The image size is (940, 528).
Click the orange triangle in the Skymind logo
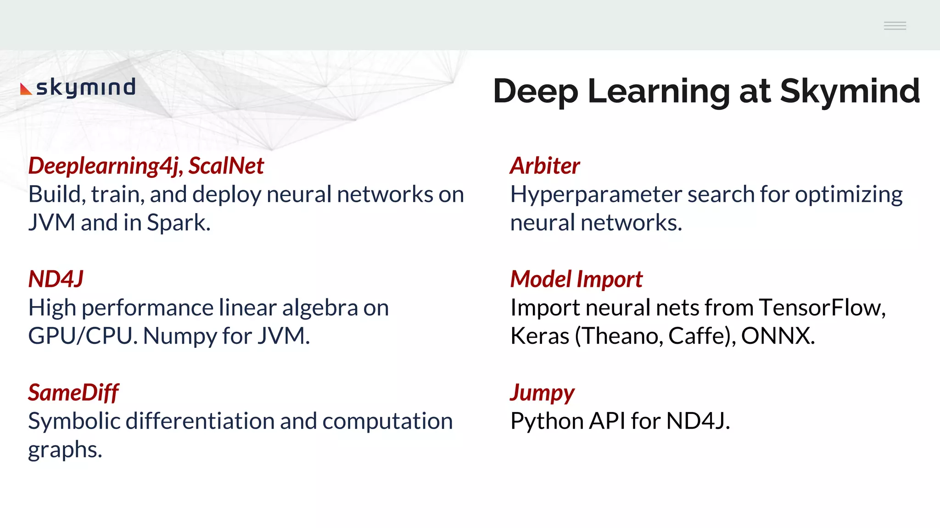click(x=26, y=89)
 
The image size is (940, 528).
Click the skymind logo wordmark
click(x=86, y=87)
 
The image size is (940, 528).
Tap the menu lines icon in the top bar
click(x=895, y=26)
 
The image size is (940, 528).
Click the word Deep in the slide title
click(x=535, y=92)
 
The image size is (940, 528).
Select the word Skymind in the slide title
click(x=850, y=91)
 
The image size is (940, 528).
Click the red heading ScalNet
click(x=226, y=165)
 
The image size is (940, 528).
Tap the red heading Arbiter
click(x=545, y=165)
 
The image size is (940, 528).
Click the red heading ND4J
click(x=56, y=279)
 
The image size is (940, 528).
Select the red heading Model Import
click(x=576, y=279)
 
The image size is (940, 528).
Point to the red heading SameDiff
click(x=73, y=393)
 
